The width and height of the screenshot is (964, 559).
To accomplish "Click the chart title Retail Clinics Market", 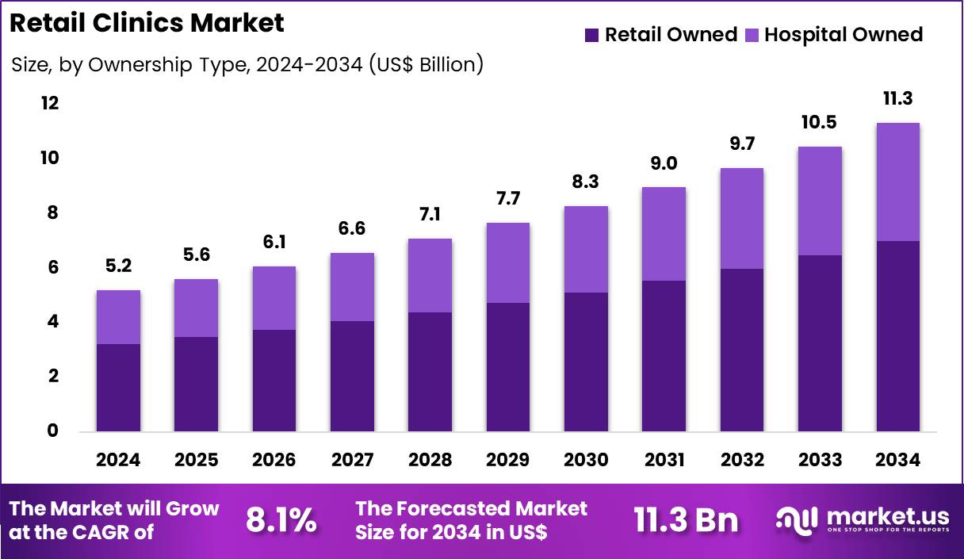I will click(147, 24).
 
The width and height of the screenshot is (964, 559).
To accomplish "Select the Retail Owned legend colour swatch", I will click(592, 35).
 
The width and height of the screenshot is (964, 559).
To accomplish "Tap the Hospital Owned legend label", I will click(843, 35).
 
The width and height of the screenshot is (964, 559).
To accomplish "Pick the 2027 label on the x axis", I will click(352, 460).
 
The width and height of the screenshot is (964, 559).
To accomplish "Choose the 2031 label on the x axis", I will click(664, 460).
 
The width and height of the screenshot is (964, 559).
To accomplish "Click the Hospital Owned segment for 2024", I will click(118, 317).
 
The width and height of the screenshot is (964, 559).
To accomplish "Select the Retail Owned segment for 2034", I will click(897, 336).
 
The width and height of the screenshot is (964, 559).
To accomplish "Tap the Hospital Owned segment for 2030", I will click(586, 249).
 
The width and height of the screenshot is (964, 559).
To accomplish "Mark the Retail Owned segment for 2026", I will click(274, 381).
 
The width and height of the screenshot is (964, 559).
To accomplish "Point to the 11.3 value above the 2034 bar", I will click(897, 99).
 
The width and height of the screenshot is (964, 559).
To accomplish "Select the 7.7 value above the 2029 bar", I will click(508, 198).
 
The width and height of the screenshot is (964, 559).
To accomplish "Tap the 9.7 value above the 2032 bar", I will click(742, 144).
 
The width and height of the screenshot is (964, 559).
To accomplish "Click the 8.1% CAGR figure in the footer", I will click(281, 521).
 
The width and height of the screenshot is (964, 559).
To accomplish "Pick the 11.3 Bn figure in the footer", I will click(686, 521).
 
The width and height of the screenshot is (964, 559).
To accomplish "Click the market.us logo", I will click(862, 521).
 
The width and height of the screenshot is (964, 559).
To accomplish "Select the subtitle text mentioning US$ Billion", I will click(247, 65).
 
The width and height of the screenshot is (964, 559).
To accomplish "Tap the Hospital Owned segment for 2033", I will click(820, 201).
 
